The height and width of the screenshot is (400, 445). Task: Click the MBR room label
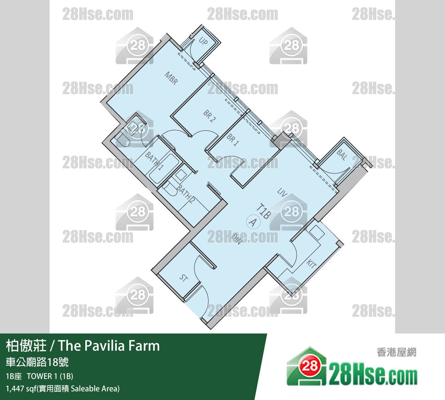point(171,78)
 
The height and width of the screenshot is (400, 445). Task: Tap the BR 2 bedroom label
point(209,116)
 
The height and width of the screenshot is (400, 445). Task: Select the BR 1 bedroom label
point(233,140)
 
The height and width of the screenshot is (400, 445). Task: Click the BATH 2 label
point(185,194)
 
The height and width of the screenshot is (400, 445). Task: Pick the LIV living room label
point(282,192)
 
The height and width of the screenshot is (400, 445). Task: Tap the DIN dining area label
point(236,239)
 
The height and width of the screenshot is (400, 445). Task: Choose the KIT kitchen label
point(311,264)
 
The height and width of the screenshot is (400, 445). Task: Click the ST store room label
point(184,278)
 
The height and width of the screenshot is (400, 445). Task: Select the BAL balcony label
point(342,155)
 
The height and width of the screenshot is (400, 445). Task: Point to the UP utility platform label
point(203,41)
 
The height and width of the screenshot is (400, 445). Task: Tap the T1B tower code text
point(264,211)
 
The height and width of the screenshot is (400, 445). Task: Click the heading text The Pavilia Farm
point(109,345)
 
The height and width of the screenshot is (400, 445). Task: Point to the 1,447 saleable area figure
point(15,389)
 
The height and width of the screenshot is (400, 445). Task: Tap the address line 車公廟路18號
point(37,362)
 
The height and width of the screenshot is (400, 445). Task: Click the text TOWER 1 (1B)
point(50,376)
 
